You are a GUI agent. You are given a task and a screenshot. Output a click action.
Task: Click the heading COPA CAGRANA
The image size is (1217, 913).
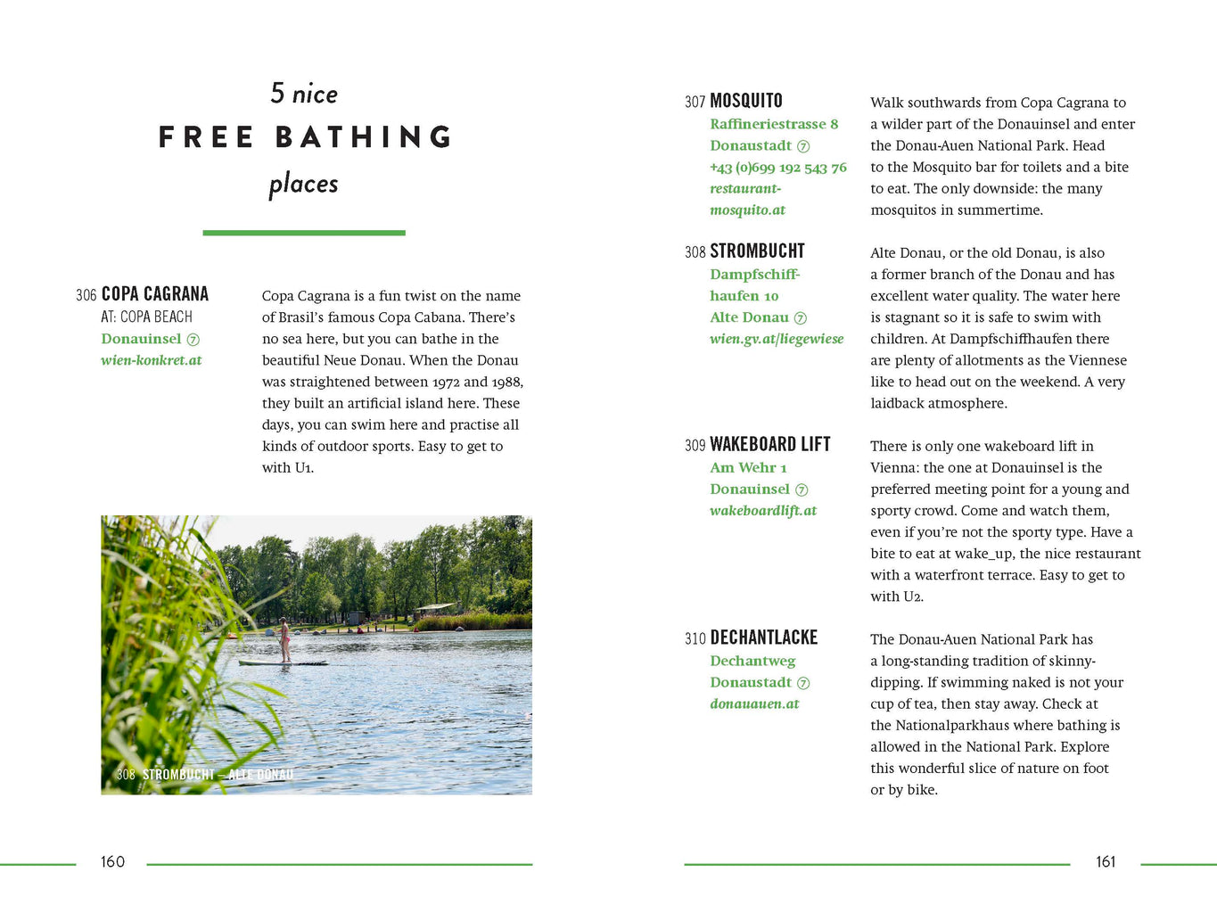tap(154, 294)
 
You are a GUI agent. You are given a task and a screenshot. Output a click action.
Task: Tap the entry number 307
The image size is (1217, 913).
tap(695, 102)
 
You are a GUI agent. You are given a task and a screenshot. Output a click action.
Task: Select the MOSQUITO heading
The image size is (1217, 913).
tap(746, 101)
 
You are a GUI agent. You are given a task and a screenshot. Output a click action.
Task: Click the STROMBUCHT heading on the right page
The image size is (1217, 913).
tap(757, 251)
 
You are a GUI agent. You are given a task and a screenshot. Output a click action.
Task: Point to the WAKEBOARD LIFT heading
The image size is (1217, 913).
tap(770, 444)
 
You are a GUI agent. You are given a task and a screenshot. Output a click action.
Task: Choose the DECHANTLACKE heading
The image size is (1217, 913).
tap(763, 637)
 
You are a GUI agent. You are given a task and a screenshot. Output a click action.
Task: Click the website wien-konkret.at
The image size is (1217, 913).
tap(152, 360)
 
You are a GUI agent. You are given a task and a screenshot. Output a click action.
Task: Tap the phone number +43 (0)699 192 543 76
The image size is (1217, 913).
tap(778, 168)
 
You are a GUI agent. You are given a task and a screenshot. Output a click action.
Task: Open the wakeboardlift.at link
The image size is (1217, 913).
tap(763, 511)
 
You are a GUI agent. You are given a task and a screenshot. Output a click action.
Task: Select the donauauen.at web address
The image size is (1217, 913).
tap(754, 703)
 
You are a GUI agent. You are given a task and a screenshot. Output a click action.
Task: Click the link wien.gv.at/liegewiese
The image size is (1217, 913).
tap(777, 339)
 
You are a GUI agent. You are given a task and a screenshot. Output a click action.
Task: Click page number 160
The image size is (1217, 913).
tap(112, 861)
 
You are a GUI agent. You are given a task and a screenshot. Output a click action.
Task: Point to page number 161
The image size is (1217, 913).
tap(1106, 861)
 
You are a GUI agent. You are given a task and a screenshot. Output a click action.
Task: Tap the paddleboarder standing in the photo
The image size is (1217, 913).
tap(284, 639)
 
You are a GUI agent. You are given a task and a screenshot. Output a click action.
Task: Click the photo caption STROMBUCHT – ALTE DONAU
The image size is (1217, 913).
tap(218, 775)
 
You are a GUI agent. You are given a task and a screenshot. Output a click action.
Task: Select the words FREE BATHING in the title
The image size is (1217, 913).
tap(305, 137)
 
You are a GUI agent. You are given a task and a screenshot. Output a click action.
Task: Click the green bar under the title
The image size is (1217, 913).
tap(304, 233)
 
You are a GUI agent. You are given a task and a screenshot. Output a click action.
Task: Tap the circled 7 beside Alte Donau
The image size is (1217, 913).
tap(800, 318)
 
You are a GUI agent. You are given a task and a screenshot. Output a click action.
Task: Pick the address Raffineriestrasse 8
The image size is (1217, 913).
tap(774, 124)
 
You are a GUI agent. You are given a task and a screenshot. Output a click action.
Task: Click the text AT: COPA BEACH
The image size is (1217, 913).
tap(147, 317)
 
